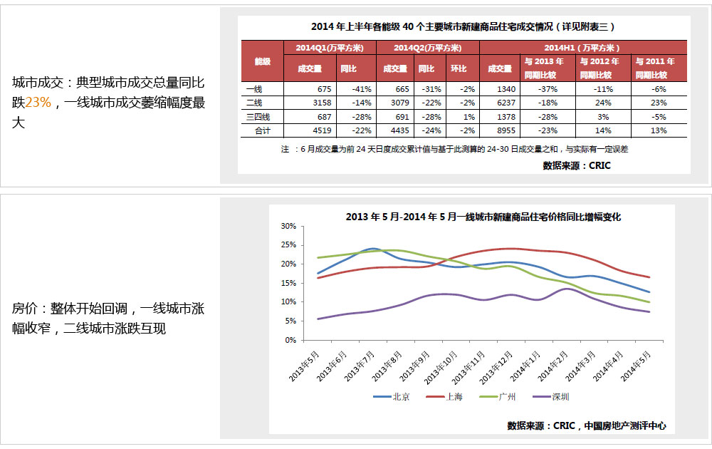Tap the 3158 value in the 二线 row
coord(323,102)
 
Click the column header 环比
coord(459,68)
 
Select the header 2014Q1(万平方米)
coord(330,48)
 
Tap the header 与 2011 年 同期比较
coord(651,68)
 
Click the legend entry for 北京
coord(394,397)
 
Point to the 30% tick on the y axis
coord(288,226)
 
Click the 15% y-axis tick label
coord(288,283)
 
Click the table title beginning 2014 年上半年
coord(463,27)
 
